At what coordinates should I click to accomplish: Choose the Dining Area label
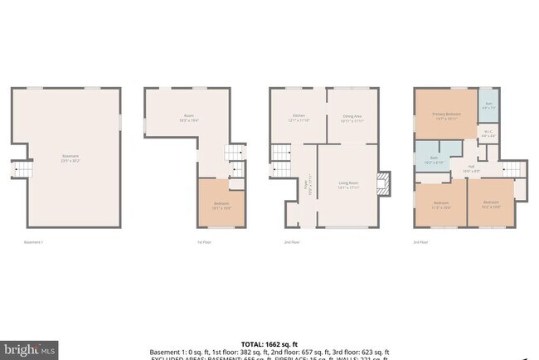pos(352,119)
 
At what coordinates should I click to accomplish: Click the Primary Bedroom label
pos(446,115)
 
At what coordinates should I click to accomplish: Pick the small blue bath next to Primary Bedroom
pos(488,106)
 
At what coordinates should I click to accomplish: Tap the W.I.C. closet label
pos(488,134)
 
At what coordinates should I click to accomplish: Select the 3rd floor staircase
pos(515,170)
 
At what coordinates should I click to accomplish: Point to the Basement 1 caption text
pos(33,242)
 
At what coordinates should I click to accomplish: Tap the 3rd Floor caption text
pos(420,242)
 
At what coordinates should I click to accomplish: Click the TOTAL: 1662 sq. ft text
pos(269,343)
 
